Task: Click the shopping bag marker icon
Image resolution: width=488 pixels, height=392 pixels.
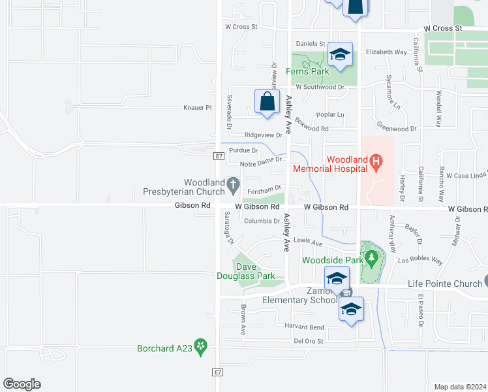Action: point(267,102)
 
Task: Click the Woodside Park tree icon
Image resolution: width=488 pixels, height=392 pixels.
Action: point(372,260)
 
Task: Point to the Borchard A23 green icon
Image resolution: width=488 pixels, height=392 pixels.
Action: point(200,348)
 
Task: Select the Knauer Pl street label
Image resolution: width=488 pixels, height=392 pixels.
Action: point(198,107)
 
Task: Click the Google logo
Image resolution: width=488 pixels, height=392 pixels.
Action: point(22,384)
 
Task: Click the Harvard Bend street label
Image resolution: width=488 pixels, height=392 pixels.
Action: point(303,327)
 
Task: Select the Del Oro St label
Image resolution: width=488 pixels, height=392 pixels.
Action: point(309,340)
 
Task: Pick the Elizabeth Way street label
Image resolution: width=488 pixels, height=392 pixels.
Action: point(386,52)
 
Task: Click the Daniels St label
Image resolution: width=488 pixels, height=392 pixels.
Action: point(311,44)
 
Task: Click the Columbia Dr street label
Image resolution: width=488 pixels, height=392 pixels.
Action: point(262,221)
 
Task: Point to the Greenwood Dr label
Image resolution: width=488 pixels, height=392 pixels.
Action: point(397,129)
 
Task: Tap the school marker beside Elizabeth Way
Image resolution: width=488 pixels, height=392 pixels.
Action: point(340,55)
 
